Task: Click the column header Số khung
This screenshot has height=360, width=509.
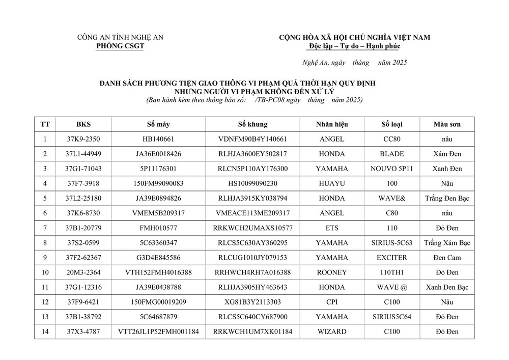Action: point(252,124)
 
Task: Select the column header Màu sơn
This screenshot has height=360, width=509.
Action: point(447,124)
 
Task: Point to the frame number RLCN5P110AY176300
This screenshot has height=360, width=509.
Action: point(252,169)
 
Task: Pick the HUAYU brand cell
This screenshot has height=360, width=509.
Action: point(331,183)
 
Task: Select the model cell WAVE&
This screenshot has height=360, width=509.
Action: point(391,198)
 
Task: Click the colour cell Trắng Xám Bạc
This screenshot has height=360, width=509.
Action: point(447,243)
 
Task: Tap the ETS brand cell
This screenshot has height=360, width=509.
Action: point(331,228)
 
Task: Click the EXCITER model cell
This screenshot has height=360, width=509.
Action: point(391,258)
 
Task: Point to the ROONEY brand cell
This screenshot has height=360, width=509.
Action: point(331,272)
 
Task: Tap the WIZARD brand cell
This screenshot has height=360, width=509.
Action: point(331,332)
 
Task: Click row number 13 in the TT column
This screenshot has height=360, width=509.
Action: point(45,317)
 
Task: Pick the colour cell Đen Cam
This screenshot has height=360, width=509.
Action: point(447,258)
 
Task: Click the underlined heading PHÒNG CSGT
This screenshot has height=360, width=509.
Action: point(120,46)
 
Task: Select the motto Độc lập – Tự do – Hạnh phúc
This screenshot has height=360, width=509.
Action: point(354,46)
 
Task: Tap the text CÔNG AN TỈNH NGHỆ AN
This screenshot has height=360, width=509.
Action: point(120,37)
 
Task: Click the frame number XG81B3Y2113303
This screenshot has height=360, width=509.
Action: point(252,302)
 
